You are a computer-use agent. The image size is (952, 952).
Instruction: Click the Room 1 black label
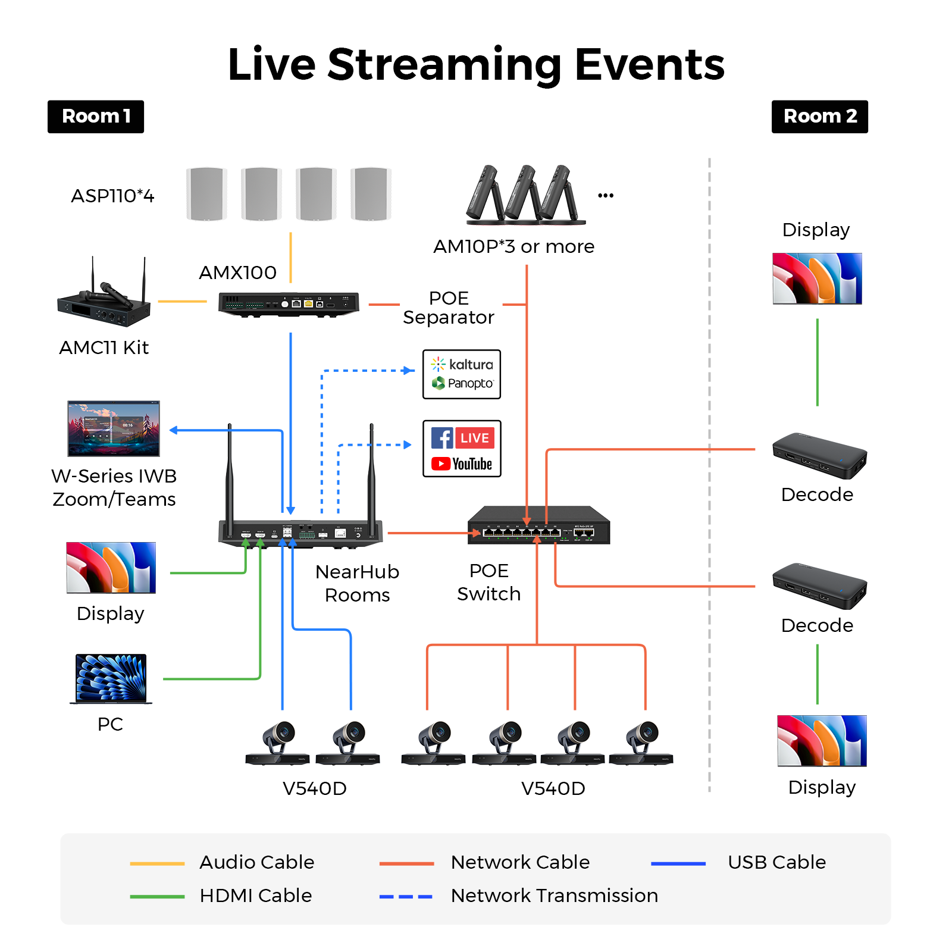click(96, 117)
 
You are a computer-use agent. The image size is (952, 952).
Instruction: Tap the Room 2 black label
click(819, 117)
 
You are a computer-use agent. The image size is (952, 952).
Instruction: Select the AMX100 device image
click(289, 304)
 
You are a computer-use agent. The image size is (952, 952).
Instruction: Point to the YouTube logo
click(462, 464)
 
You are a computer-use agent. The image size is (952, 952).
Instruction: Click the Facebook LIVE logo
click(463, 438)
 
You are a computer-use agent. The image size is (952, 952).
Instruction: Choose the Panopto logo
click(462, 383)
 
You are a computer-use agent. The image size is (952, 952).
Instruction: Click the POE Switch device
click(538, 525)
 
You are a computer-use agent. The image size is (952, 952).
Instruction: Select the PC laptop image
click(111, 679)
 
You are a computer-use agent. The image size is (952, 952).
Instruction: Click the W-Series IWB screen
click(114, 428)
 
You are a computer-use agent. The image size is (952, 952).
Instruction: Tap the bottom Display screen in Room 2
click(822, 741)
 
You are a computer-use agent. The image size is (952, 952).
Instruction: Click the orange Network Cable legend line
click(406, 863)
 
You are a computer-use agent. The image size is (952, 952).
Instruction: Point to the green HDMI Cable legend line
click(157, 897)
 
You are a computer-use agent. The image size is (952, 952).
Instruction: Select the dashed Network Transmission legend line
click(406, 897)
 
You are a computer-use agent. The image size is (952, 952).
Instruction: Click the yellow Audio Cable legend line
click(157, 863)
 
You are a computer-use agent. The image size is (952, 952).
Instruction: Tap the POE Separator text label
click(449, 308)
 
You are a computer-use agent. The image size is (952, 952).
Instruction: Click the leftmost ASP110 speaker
click(206, 194)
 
